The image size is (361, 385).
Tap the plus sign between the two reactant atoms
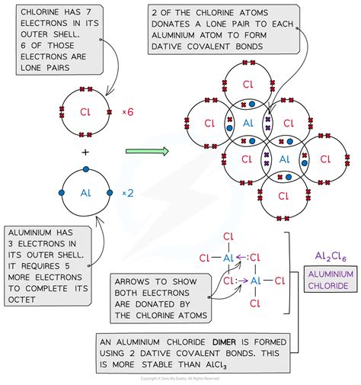point(85,152)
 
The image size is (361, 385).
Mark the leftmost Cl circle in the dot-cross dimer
point(208,123)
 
